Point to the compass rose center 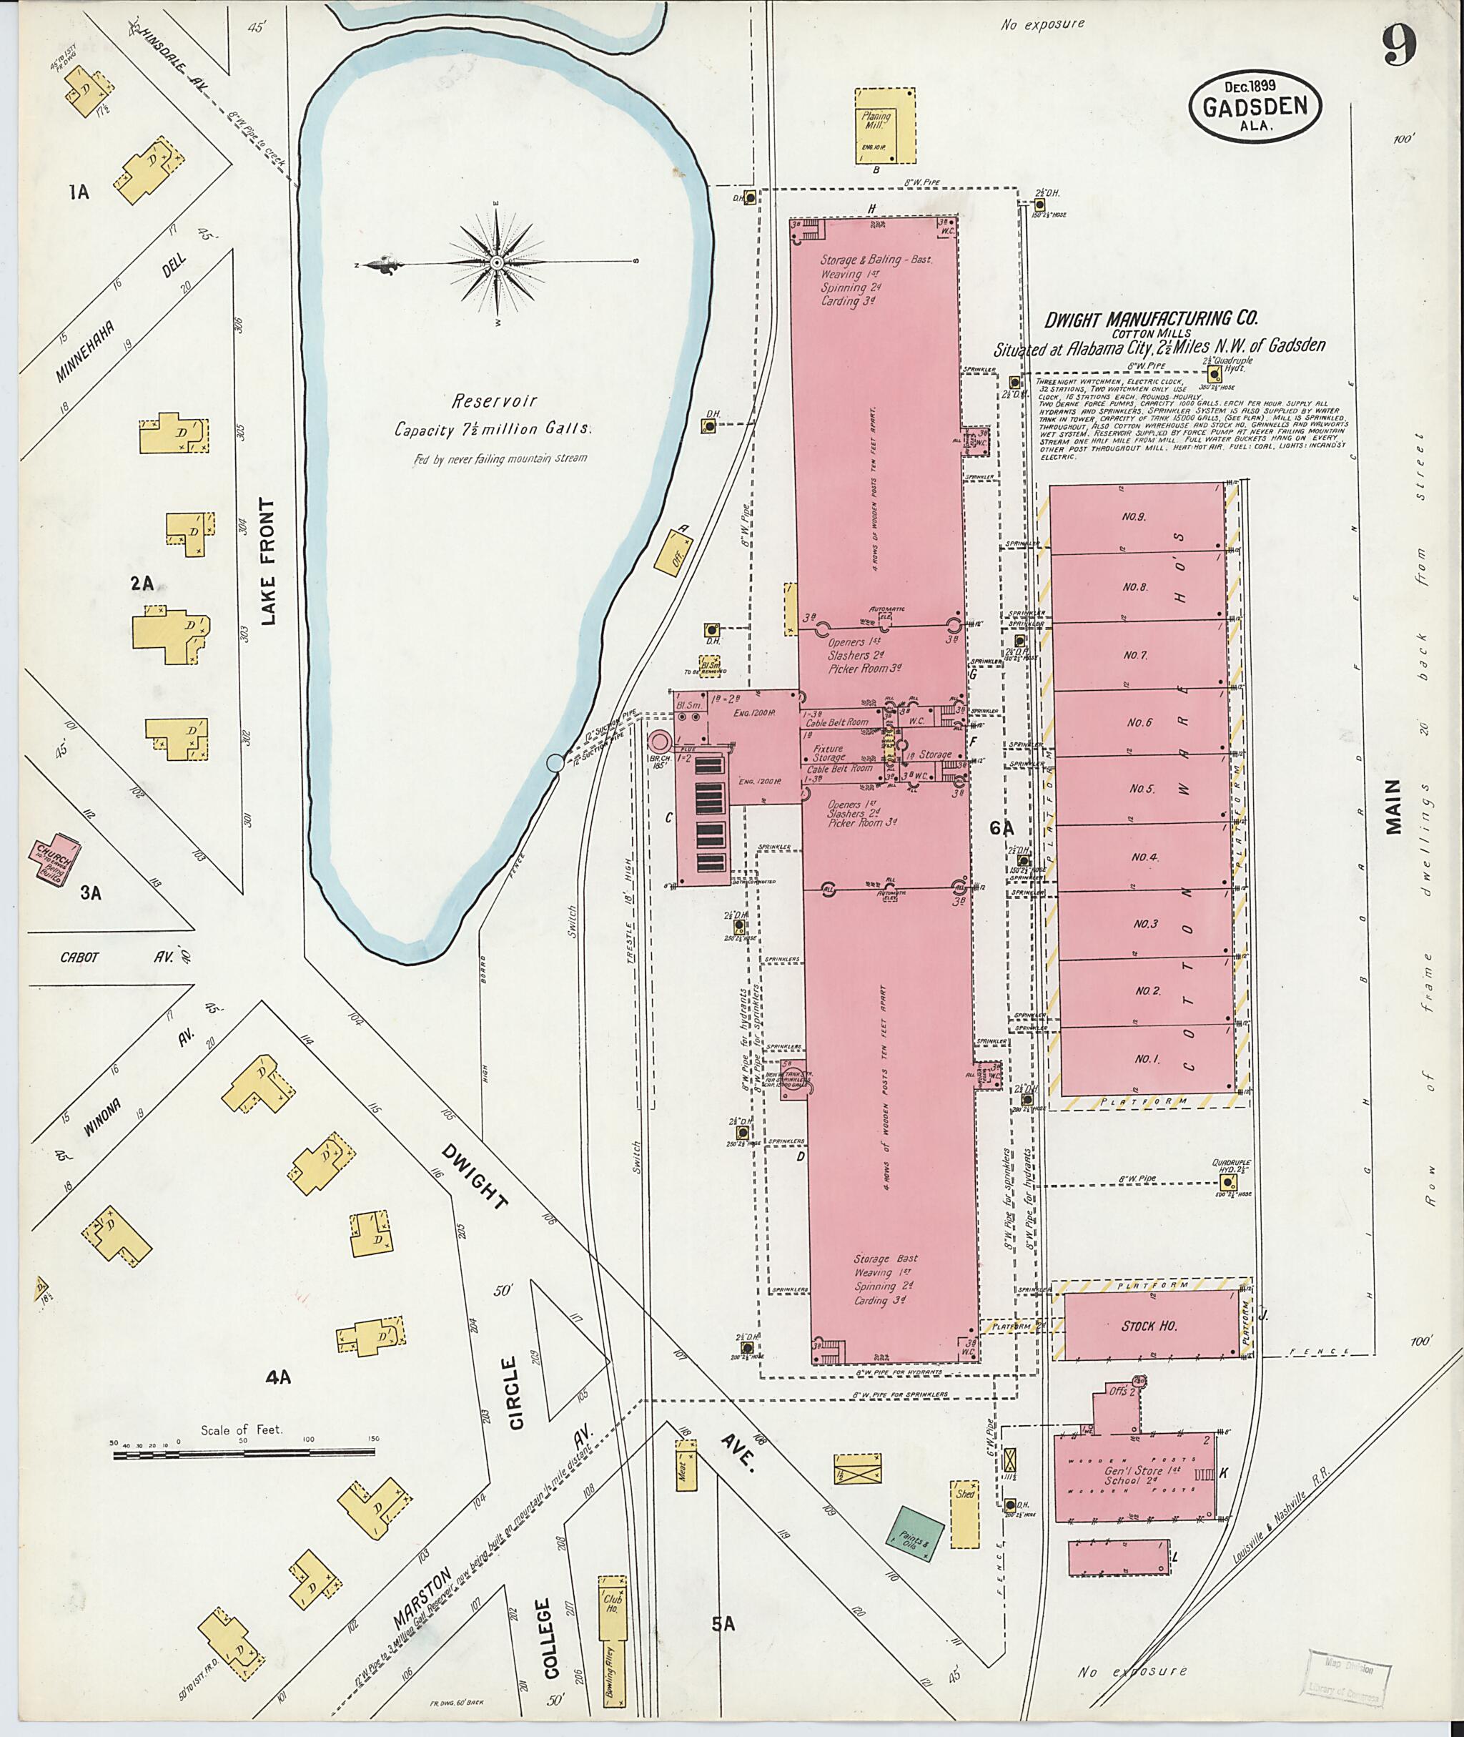(496, 262)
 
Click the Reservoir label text (494, 401)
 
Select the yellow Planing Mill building (885, 125)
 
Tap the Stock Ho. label (1149, 1326)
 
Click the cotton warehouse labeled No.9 (1134, 516)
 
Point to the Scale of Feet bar (244, 1455)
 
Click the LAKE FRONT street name (267, 561)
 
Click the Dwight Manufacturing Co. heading (1151, 318)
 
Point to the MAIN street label (1393, 806)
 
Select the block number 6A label (1001, 828)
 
